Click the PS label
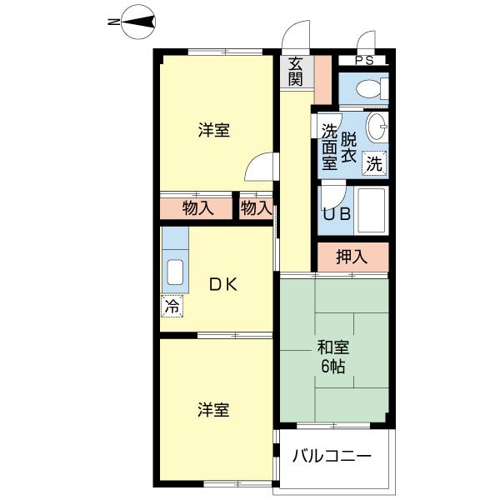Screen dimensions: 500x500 click(364, 61)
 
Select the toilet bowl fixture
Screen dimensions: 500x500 click(372, 88)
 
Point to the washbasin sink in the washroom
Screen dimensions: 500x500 click(377, 127)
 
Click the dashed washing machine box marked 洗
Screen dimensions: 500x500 click(374, 163)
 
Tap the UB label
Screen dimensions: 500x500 click(337, 214)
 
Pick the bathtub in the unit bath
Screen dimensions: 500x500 click(371, 211)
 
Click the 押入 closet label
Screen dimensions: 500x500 click(352, 257)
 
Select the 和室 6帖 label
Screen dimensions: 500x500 click(332, 357)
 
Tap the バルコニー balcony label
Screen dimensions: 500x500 click(332, 456)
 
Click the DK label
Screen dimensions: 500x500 click(223, 285)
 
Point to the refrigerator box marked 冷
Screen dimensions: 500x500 click(172, 307)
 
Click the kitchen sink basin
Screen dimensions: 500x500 click(175, 272)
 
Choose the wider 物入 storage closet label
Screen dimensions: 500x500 click(198, 208)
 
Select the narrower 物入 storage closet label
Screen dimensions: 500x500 click(257, 208)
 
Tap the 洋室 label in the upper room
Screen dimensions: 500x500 click(214, 130)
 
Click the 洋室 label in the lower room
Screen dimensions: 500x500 click(213, 410)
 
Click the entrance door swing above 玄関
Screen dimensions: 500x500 click(295, 31)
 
